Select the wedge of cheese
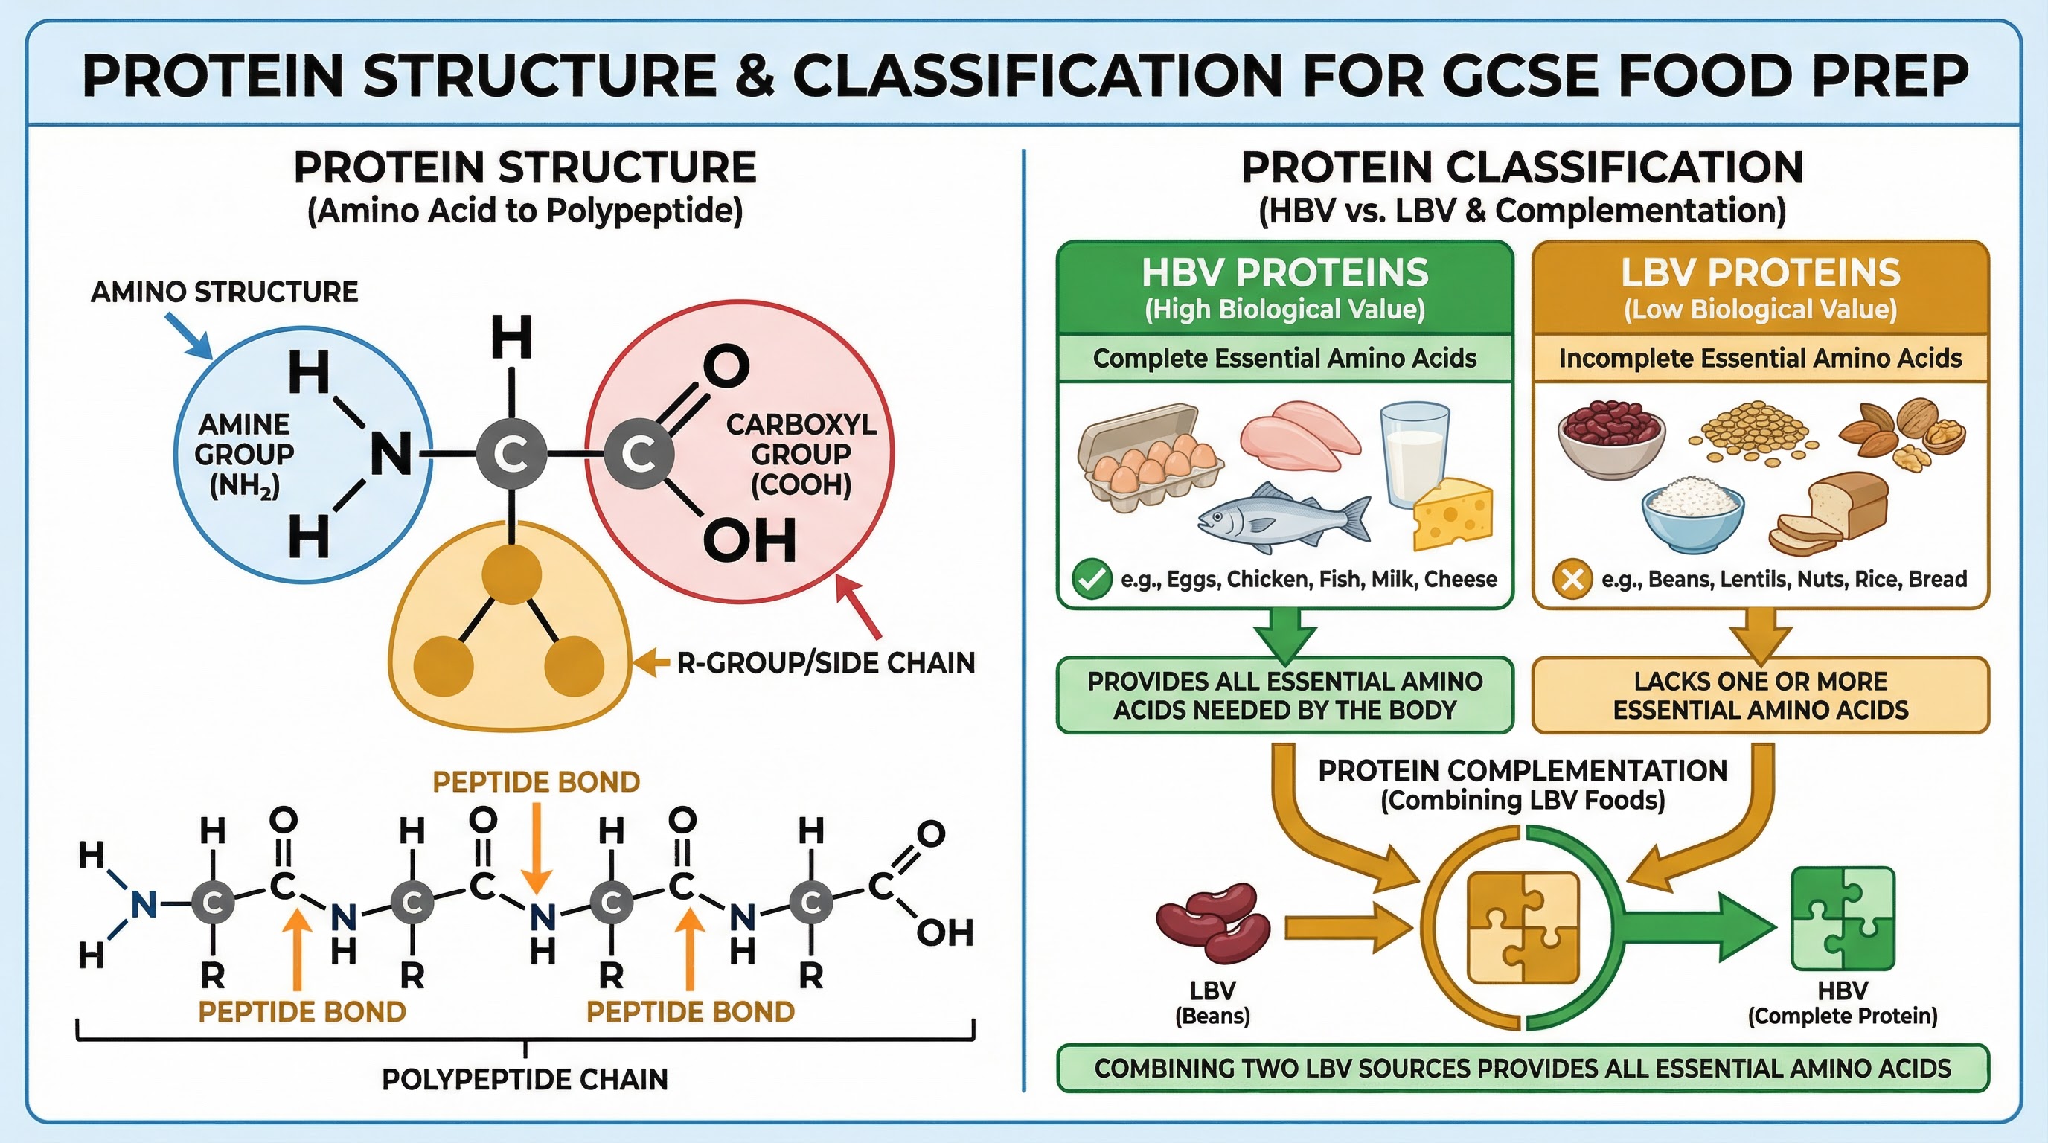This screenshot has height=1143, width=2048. pos(1452,515)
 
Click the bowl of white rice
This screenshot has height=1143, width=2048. pos(1694,516)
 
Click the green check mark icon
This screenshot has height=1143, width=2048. pos(1092,579)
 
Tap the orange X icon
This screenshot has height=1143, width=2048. pos(1572,579)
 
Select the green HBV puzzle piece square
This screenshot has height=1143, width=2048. pos(1843,919)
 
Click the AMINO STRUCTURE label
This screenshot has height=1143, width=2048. pos(224,292)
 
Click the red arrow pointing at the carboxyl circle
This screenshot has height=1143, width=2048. pos(859,608)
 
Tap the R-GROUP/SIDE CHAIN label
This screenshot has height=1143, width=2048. pos(825,663)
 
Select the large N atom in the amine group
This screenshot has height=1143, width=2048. pos(391,455)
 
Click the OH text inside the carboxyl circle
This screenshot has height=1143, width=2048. pos(749,541)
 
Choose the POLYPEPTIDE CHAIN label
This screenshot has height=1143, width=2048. pos(525,1080)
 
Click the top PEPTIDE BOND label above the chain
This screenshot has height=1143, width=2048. pos(536,782)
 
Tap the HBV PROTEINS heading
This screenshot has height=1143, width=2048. pos(1284,273)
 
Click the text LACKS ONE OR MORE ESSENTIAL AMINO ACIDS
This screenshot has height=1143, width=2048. pos(1760,696)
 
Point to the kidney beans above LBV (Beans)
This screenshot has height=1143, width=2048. pos(1212,922)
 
